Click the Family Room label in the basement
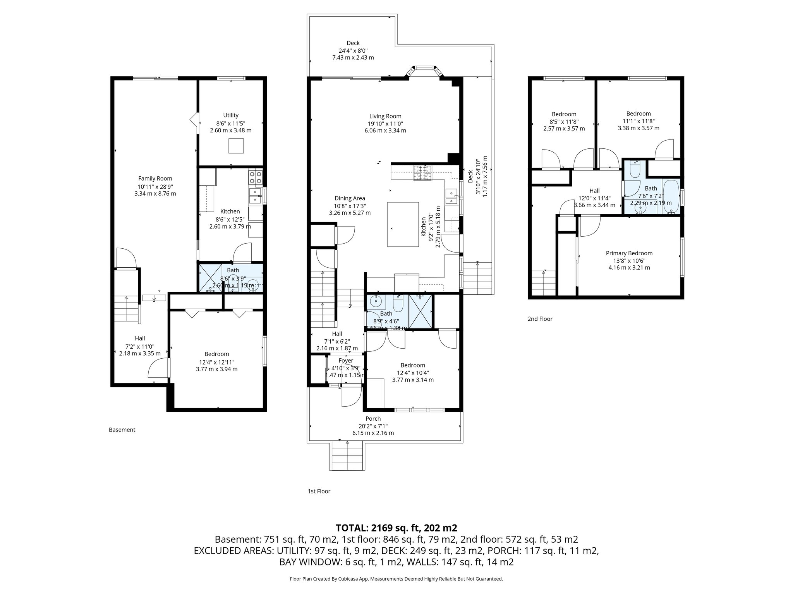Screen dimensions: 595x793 [x=155, y=179]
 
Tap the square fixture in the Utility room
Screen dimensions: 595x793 [x=236, y=146]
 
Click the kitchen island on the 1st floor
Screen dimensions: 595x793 [x=403, y=224]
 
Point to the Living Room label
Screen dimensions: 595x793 [x=385, y=116]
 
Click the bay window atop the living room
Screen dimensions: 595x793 [x=424, y=72]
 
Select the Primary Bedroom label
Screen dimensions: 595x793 [x=629, y=253]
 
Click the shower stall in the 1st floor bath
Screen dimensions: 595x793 [x=421, y=311]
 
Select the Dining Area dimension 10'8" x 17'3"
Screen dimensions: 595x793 [x=350, y=206]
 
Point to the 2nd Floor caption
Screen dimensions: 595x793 [x=540, y=319]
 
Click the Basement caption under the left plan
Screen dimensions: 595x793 [x=122, y=430]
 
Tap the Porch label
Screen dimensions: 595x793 [x=373, y=419]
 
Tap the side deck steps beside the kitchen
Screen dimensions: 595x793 [x=477, y=278]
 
